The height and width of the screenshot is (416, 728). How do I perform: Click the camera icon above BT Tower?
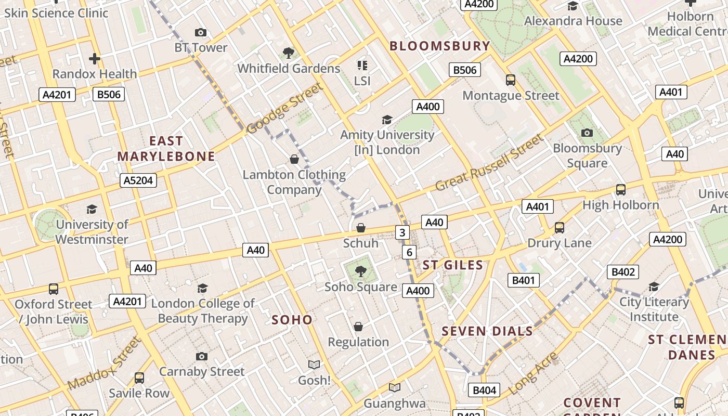pos(201,32)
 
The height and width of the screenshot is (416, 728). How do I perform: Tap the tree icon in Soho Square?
pos(360,271)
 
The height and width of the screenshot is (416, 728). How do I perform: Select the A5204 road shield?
pos(139,180)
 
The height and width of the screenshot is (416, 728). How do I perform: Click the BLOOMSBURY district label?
pos(440,46)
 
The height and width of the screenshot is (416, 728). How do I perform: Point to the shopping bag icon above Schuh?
pos(361,228)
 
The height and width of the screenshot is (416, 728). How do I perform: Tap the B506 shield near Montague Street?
pos(465,70)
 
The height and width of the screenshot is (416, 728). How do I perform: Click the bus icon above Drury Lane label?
pos(560,227)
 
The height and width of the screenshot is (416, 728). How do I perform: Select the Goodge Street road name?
pos(284,108)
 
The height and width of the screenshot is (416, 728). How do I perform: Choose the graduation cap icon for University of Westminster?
pos(92,209)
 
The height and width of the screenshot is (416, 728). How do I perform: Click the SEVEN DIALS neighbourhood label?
pos(487,331)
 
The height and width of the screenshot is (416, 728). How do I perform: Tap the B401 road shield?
pos(524,281)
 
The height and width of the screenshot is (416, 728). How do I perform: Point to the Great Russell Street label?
pos(489,162)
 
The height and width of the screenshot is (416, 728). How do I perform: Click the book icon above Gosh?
pos(314,365)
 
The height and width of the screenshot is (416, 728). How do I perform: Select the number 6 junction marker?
pos(409,253)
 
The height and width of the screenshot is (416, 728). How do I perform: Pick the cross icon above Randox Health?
pos(94,58)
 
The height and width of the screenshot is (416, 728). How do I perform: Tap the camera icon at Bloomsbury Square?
pos(587,133)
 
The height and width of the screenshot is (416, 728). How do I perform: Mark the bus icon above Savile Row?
pos(139,378)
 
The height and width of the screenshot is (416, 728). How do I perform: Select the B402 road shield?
pos(623,272)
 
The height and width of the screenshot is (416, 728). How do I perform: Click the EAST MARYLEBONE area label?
pos(166,149)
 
